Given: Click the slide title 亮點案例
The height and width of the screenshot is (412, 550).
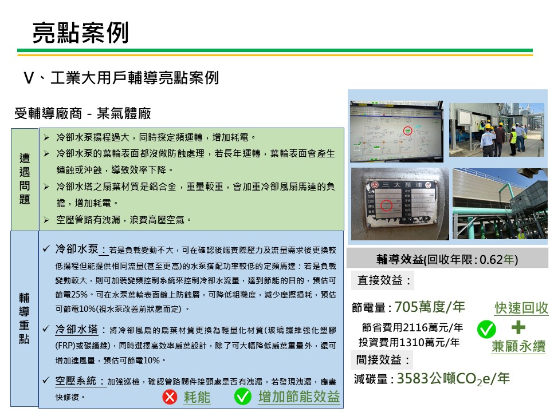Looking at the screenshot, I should tap(80, 33).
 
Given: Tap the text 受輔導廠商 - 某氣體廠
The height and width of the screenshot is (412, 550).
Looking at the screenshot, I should tap(82, 113).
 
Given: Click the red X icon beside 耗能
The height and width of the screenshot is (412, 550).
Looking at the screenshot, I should tap(170, 397).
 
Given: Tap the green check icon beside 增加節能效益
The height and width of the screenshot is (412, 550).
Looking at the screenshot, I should tap(243, 396).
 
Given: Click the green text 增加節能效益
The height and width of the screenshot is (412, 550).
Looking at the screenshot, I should tap(298, 397).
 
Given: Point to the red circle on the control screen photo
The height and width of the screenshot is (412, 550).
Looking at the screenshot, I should tap(407, 131).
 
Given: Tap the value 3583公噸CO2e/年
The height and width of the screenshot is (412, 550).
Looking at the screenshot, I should tap(453, 379).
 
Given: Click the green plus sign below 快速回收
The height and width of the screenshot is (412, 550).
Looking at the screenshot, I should tap(518, 328).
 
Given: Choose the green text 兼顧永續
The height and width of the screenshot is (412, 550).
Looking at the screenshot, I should tap(518, 347).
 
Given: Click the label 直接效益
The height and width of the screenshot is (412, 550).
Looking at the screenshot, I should tap(384, 281).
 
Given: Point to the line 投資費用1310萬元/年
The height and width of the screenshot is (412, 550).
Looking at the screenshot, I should tap(409, 343).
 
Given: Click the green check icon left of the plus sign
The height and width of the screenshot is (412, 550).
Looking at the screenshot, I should tap(486, 329).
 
